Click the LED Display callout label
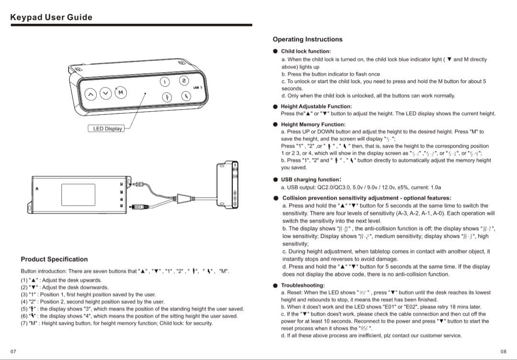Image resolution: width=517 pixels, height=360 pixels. (108, 128)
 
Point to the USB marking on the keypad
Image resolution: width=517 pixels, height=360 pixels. (197, 88)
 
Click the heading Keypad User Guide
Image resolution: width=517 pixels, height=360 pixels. (51, 17)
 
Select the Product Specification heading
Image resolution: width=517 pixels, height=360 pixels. (54, 259)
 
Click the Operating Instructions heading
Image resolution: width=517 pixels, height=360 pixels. (307, 39)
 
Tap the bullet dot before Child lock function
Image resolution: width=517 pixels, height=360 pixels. (275, 51)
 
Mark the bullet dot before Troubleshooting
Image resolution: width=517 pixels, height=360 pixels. (275, 285)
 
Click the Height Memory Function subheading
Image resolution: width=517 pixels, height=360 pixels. (313, 124)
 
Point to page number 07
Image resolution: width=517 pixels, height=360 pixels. (13, 351)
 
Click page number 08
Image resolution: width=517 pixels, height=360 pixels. (503, 351)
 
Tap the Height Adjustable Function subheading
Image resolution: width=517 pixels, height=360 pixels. (316, 106)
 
